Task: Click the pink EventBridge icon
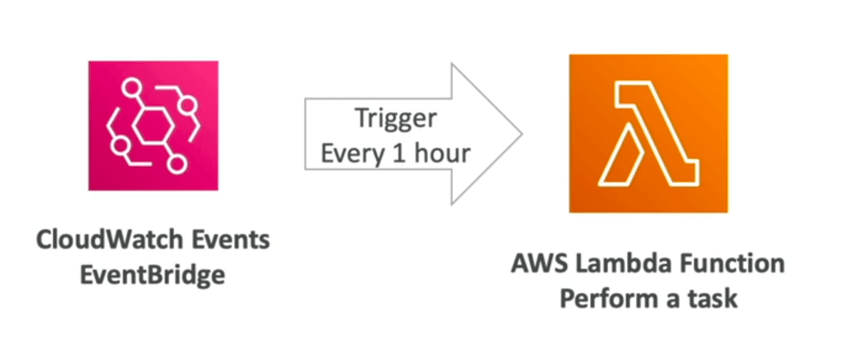coord(153,125)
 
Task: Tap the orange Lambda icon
coord(649,133)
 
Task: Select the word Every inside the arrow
coord(350,154)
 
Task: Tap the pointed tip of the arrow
coord(522,134)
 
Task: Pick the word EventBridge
coord(153,276)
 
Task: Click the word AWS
coord(536,264)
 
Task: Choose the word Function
coord(727,264)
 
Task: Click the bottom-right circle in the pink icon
coord(175,164)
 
